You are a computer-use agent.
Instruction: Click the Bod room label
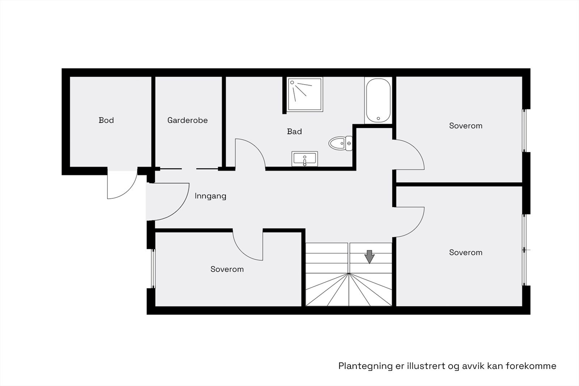(106, 120)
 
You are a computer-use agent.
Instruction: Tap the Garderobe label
(187, 120)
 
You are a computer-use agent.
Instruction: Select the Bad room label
(294, 132)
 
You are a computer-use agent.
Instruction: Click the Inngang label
(210, 196)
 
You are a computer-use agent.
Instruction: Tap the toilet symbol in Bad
(340, 143)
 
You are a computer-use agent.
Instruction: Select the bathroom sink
(304, 159)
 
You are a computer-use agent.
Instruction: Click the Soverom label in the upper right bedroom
(465, 126)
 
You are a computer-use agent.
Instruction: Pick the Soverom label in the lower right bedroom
(465, 253)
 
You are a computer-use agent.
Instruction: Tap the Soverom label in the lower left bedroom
(227, 269)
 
